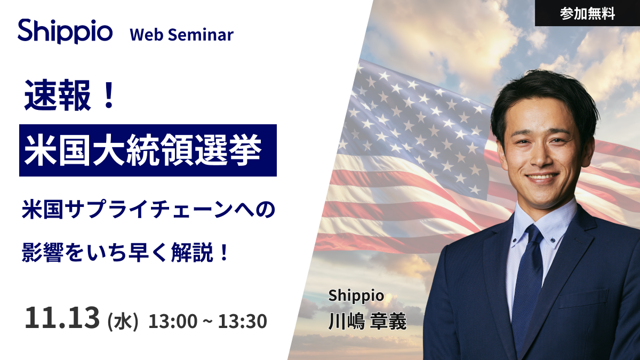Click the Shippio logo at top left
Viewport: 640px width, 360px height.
65,31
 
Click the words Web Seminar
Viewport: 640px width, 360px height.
181,35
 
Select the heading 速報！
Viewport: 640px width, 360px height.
70,97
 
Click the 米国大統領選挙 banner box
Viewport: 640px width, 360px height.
148,150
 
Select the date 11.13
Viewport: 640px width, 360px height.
62,318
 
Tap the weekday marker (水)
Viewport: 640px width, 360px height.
123,322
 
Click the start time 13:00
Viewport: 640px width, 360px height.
170,322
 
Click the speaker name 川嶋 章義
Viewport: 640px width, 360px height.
367,322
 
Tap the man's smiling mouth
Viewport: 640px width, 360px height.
542,178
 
